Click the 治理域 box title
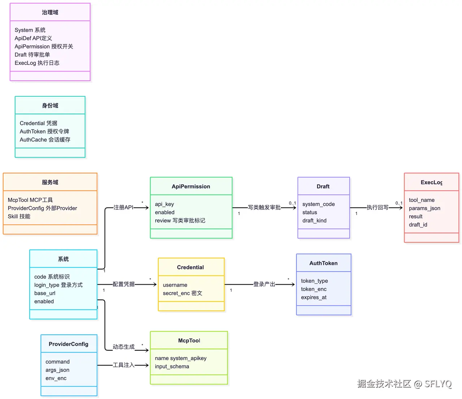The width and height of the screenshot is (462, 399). click(x=50, y=12)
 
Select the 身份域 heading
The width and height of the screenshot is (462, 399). click(x=50, y=105)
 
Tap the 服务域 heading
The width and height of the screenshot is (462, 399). click(x=50, y=182)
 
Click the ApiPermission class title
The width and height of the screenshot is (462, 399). click(x=191, y=186)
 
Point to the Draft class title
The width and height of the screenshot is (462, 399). click(x=323, y=186)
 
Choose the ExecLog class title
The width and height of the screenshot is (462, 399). click(x=431, y=182)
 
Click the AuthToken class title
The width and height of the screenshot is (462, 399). click(x=323, y=263)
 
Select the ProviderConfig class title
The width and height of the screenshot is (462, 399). click(x=68, y=344)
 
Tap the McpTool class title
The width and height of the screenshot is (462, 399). click(x=189, y=341)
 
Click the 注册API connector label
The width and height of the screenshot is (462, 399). click(x=123, y=207)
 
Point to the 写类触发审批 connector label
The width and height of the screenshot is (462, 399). click(x=264, y=207)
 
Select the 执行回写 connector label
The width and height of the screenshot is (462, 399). click(x=378, y=207)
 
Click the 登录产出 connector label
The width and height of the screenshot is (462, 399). click(x=264, y=284)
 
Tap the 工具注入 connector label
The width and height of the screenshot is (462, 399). click(x=123, y=365)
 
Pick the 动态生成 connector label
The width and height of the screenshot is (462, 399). click(x=123, y=347)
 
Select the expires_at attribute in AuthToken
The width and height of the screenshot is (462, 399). click(x=314, y=297)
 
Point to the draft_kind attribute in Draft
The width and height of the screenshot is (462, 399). click(x=314, y=220)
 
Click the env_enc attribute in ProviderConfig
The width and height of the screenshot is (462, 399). click(x=56, y=378)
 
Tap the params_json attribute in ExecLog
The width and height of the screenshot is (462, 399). click(x=424, y=208)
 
